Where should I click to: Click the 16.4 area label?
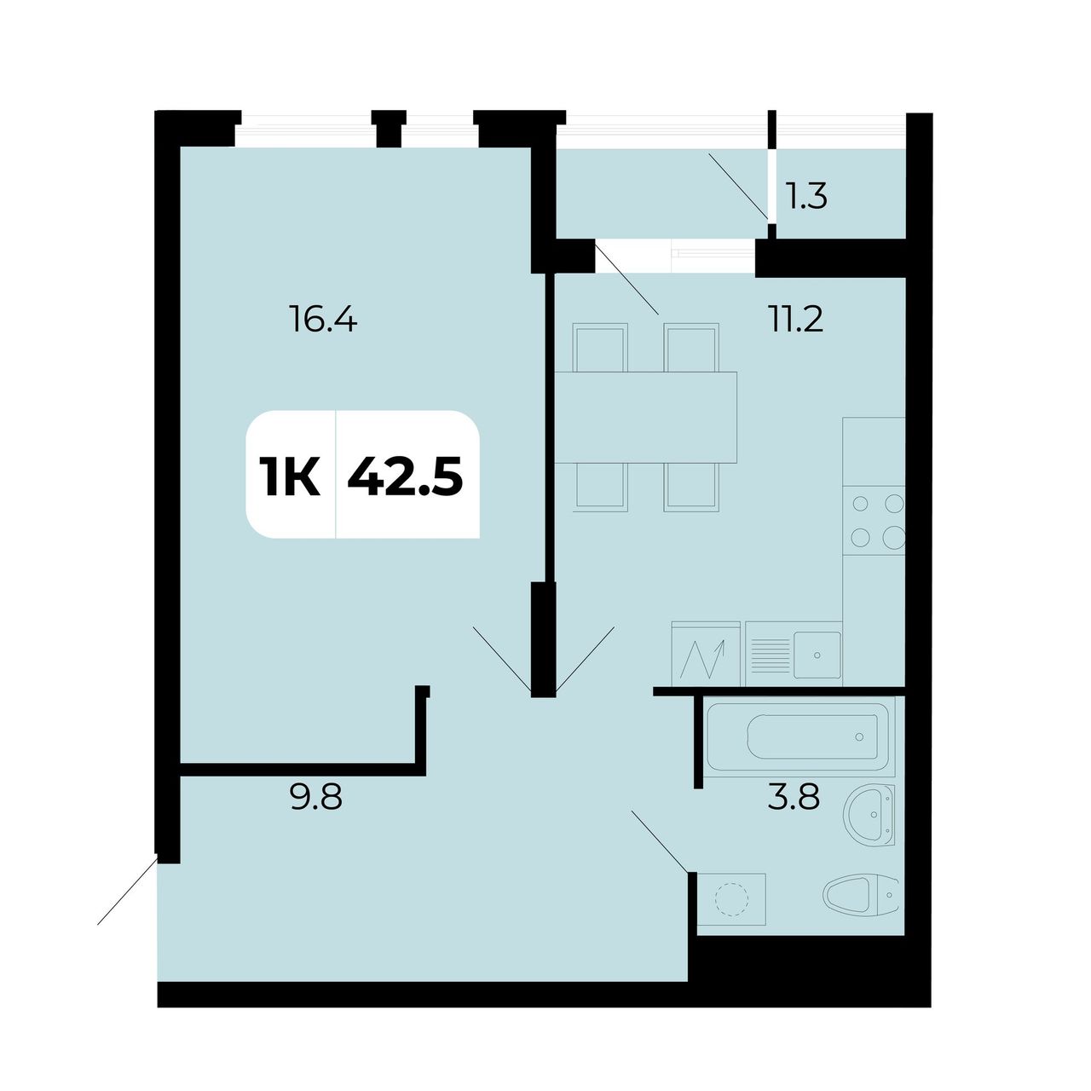323,319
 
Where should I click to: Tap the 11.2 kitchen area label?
795,319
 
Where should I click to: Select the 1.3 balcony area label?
807,196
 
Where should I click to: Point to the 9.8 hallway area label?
316,798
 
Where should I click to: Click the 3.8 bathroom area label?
794,798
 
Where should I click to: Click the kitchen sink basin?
817,655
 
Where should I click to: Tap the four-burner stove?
874,520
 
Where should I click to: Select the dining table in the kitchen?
645,418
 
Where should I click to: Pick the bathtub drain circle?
859,736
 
